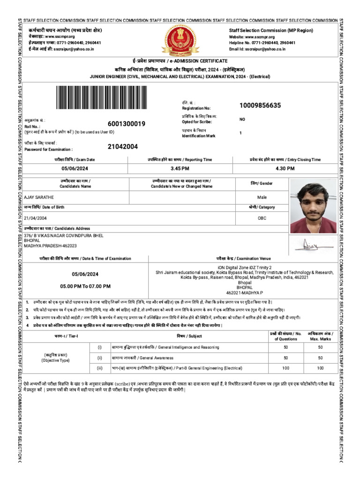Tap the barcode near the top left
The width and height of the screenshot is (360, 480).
coord(109,99)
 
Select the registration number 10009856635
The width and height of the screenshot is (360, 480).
coord(260,105)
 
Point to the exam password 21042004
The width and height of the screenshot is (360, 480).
coord(123,147)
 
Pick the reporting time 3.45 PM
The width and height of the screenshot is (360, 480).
coord(180,169)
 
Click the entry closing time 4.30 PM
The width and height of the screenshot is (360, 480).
coord(285,169)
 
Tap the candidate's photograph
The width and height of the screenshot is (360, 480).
coord(313,206)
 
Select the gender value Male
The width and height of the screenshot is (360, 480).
coord(262,197)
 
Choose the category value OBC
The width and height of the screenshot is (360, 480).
coord(262,218)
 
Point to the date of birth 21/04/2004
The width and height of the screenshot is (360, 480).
coord(36,218)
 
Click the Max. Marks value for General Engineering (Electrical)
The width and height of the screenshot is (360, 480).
coord(320,368)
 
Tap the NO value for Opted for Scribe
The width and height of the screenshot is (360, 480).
coord(242,120)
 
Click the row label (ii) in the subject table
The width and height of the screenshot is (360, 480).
coord(99,358)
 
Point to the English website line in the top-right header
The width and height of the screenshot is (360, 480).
coord(249,36)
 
